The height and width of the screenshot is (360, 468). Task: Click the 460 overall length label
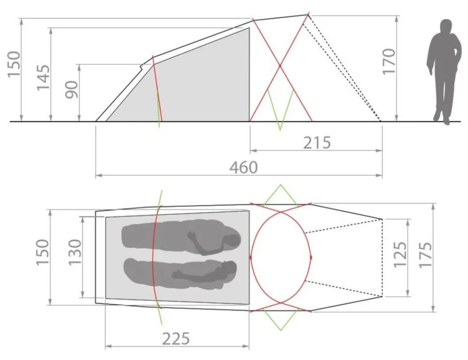pos(243,167)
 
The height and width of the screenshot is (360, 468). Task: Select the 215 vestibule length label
pos(317,143)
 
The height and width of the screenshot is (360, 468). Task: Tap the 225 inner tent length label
pos(176,338)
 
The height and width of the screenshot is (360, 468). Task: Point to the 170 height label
pos(389,62)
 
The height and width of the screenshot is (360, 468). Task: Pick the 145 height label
pos(43,77)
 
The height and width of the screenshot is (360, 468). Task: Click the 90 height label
pos(72,89)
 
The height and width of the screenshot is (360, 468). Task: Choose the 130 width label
pos(75,252)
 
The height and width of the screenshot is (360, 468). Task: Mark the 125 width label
pos(400,254)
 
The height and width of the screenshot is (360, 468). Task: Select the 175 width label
pos(425,254)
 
